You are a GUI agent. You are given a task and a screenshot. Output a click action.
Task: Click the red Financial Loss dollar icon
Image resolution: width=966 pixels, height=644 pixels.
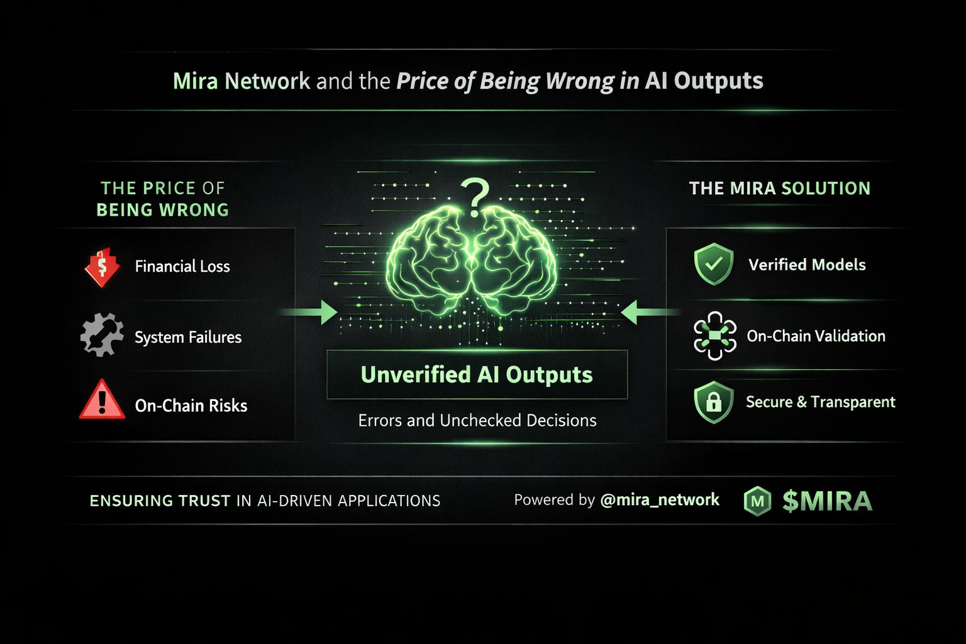[x=102, y=267]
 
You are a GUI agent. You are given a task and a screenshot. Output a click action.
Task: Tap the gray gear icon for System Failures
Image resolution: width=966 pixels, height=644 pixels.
[x=102, y=335]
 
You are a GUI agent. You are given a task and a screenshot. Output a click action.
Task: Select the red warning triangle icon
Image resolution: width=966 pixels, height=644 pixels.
[x=102, y=400]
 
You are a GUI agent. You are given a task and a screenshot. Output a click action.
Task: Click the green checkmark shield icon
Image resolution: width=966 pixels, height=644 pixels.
[x=714, y=264]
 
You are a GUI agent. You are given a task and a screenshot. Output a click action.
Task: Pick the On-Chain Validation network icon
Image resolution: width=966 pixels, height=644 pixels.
[x=714, y=336]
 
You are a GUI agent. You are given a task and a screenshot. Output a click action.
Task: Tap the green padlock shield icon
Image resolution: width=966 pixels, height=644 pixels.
[x=714, y=402]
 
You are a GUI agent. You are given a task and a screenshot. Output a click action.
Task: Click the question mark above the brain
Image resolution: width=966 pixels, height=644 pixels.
[x=475, y=196]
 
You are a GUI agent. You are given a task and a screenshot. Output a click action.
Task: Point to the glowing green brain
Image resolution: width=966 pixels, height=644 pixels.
[x=472, y=260]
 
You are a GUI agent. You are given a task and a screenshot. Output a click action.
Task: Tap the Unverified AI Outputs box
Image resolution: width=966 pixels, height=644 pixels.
[x=477, y=374]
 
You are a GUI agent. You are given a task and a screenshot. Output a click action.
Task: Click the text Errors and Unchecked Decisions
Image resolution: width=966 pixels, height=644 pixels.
[x=477, y=420]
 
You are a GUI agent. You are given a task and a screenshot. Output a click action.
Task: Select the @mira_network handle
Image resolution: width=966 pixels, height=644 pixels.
[x=660, y=500]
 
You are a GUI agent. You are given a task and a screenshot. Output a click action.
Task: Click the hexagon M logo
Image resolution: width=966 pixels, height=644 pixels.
[x=758, y=501]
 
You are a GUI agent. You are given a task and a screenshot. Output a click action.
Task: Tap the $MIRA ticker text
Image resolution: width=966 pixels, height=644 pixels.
[x=827, y=501]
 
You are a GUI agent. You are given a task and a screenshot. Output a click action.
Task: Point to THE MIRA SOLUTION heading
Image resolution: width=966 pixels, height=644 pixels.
[x=780, y=188]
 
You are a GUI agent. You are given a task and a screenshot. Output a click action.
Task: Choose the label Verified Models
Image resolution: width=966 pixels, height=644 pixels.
[x=807, y=265]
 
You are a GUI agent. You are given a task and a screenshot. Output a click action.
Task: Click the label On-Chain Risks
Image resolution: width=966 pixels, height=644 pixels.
[x=191, y=406]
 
